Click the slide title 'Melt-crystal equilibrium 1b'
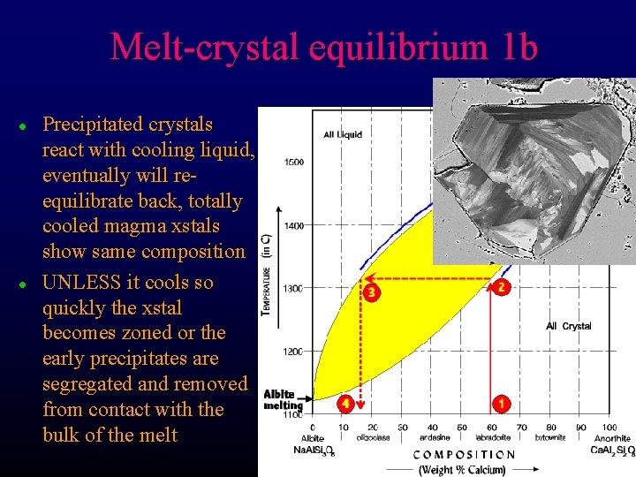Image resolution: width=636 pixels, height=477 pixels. [x=323, y=47]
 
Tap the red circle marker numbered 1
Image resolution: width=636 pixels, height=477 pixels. [x=501, y=404]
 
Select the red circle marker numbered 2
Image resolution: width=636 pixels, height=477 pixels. [x=501, y=287]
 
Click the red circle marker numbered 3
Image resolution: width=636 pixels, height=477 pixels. [x=372, y=291]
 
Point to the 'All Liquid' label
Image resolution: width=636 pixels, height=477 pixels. [x=343, y=135]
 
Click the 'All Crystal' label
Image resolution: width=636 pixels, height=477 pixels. [x=568, y=326]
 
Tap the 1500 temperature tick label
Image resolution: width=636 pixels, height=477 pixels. [x=294, y=163]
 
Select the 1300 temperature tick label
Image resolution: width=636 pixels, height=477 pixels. [x=294, y=288]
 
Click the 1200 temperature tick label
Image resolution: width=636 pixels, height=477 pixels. [x=294, y=352]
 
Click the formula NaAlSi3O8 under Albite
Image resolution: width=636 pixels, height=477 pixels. [x=314, y=450]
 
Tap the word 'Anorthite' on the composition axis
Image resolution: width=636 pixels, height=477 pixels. [x=611, y=439]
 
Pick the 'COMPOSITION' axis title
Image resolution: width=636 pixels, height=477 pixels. [x=464, y=455]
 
